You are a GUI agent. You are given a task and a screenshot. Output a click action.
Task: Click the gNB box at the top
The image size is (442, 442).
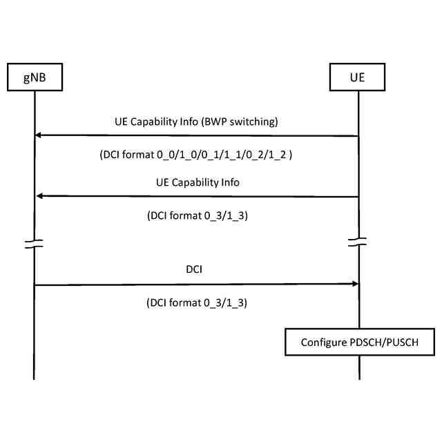[34, 77]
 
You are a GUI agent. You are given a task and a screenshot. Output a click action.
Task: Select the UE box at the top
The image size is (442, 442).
[358, 77]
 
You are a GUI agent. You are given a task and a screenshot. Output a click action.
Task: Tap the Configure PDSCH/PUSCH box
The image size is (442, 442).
[359, 343]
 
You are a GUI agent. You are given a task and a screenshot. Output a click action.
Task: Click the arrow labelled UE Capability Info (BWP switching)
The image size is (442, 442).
[197, 136]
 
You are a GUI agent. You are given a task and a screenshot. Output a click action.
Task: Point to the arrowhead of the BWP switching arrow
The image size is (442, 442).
[39, 136]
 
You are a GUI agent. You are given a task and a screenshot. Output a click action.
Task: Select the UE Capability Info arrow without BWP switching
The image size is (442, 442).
[197, 196]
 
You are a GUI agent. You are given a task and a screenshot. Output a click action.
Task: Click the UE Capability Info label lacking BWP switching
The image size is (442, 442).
[197, 182]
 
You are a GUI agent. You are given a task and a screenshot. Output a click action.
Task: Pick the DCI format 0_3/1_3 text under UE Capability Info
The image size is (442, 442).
[197, 215]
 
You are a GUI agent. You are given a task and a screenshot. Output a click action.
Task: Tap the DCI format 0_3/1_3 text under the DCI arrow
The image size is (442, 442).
[197, 302]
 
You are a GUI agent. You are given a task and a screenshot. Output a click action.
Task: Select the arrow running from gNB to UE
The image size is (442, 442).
[197, 284]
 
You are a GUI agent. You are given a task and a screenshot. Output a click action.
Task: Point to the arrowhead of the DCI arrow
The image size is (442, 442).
[354, 284]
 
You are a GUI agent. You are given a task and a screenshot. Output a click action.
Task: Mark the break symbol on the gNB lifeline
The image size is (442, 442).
[34, 243]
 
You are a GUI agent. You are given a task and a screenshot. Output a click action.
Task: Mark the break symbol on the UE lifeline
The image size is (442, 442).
[358, 243]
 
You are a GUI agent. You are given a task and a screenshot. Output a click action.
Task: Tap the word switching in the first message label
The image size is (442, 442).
[255, 122]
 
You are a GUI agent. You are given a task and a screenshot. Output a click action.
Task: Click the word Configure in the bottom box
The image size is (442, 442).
[323, 343]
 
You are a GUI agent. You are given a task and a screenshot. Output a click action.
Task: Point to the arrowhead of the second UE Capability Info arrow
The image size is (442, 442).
[39, 196]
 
